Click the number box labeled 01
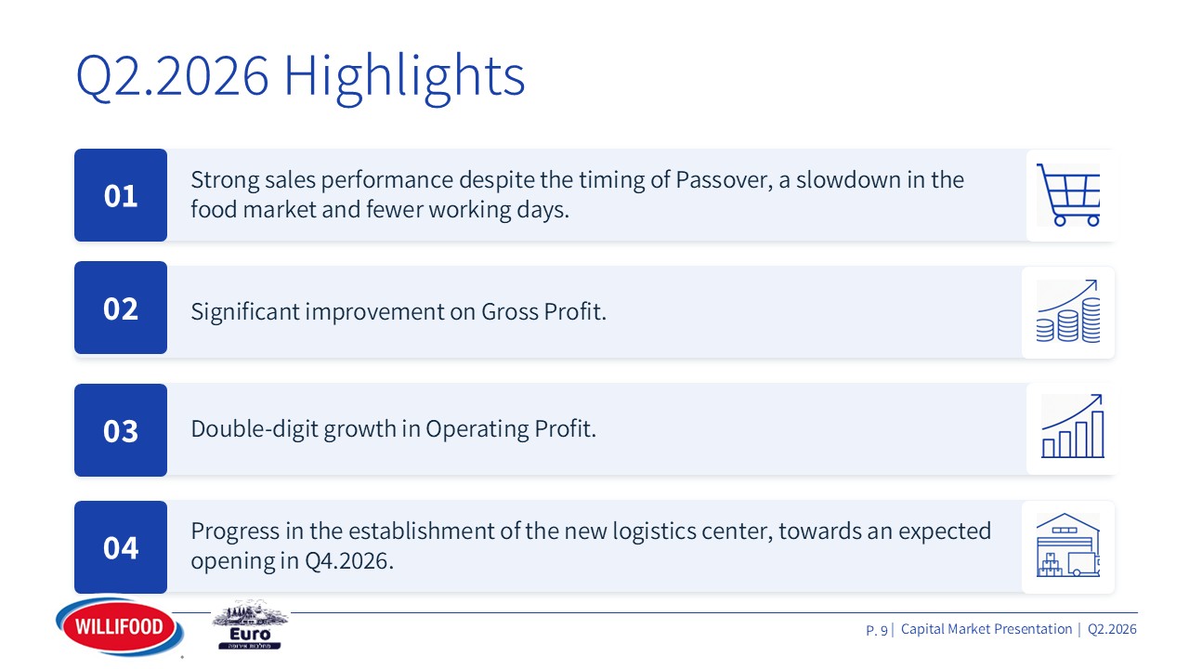pos(121,195)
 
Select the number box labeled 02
pos(121,308)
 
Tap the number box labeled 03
pos(121,430)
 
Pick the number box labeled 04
pos(121,547)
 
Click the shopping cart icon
pos(1068,195)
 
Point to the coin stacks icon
pos(1068,311)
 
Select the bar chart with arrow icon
pos(1073,426)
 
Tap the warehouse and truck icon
pos(1068,544)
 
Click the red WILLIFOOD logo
pos(120,626)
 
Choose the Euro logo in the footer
pos(250,625)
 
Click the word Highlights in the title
pos(404,76)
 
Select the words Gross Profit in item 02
pos(543,311)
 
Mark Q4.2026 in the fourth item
pos(348,560)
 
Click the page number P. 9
pos(877,630)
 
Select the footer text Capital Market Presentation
pos(986,629)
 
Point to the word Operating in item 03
pos(477,429)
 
